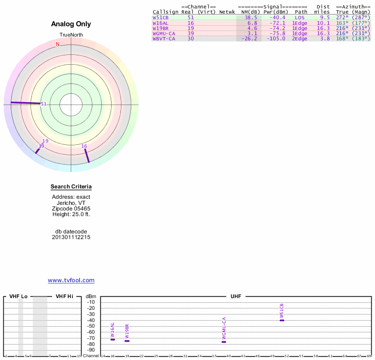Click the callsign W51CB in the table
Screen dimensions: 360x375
pyautogui.click(x=160, y=17)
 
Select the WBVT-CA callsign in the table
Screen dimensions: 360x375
pyautogui.click(x=164, y=38)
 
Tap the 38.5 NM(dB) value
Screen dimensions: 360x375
pyautogui.click(x=251, y=17)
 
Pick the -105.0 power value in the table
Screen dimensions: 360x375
pyautogui.click(x=274, y=38)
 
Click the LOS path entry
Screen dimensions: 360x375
pyautogui.click(x=300, y=17)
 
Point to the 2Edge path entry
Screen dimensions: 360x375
pyautogui.click(x=300, y=38)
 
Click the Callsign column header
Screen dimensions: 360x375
pyautogui.click(x=165, y=12)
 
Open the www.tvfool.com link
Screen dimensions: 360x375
pyautogui.click(x=71, y=280)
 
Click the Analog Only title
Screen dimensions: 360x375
pyautogui.click(x=71, y=24)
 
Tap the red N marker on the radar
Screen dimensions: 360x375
pyautogui.click(x=58, y=44)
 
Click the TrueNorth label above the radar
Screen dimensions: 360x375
pyautogui.click(x=71, y=35)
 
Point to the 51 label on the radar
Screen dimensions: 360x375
pyautogui.click(x=44, y=104)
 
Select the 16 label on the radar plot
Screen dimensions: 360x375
pyautogui.click(x=84, y=146)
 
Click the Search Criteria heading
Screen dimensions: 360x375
pyautogui.click(x=71, y=187)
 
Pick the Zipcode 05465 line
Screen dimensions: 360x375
pyautogui.click(x=71, y=209)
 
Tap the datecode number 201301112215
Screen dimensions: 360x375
pyautogui.click(x=71, y=237)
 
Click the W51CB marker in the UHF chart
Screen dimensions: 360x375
pyautogui.click(x=282, y=320)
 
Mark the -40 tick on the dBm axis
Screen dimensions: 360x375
pyautogui.click(x=91, y=320)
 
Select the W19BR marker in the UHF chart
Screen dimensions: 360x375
pyautogui.click(x=127, y=341)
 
